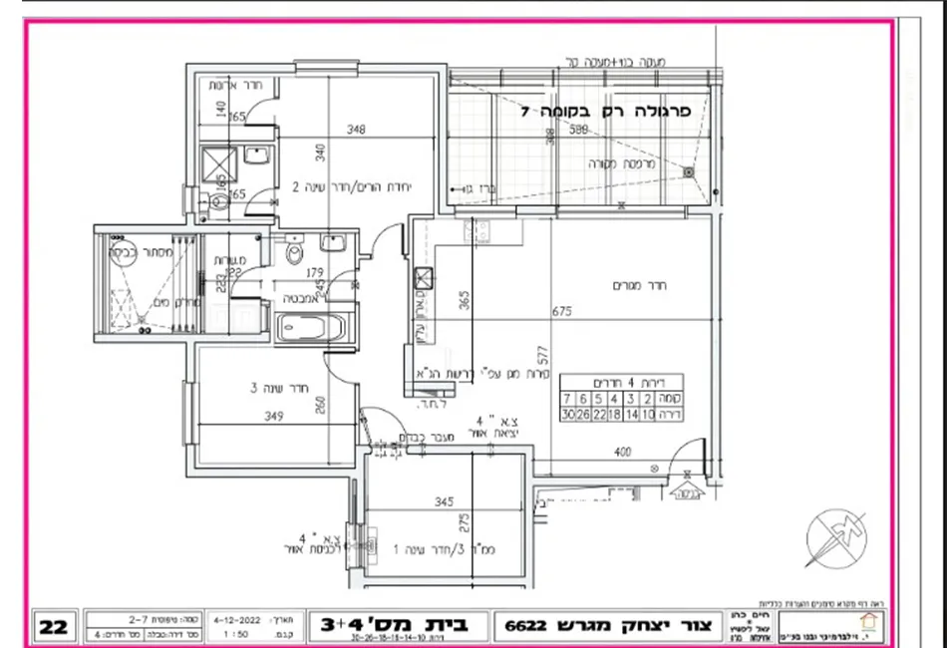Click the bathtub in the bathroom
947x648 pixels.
click(310, 327)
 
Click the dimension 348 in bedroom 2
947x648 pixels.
click(357, 129)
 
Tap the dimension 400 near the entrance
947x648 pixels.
click(622, 453)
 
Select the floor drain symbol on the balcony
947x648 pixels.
click(688, 171)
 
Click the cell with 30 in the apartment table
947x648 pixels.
click(568, 414)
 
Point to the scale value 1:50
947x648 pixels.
click(236, 633)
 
